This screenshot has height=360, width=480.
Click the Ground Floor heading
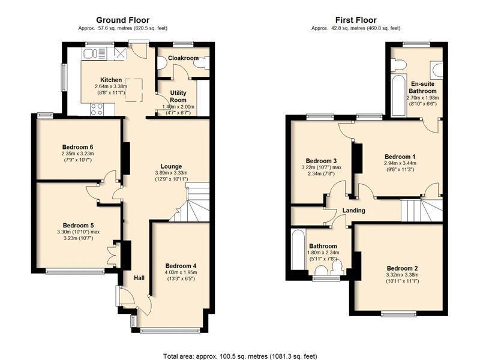pyautogui.click(x=123, y=20)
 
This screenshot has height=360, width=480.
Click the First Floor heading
pyautogui.click(x=356, y=20)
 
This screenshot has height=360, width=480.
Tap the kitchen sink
pyautogui.click(x=94, y=53)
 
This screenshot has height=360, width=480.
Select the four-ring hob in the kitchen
pyautogui.click(x=97, y=110)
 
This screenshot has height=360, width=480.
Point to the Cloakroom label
pyautogui.click(x=183, y=58)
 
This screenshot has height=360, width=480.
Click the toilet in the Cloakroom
pyautogui.click(x=161, y=63)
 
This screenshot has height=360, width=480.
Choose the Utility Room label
pyautogui.click(x=178, y=96)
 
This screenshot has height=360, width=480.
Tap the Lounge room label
pyautogui.click(x=171, y=166)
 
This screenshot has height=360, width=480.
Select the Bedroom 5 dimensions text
pyautogui.click(x=78, y=235)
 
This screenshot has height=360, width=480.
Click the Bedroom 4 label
pyautogui.click(x=181, y=266)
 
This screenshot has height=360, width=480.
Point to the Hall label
pyautogui.click(x=139, y=278)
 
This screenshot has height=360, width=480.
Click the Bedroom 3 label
pyautogui.click(x=321, y=161)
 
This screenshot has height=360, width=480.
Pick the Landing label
pyautogui.click(x=353, y=211)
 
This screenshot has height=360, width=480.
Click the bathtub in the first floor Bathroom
pyautogui.click(x=298, y=250)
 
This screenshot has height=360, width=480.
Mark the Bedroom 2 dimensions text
pyautogui.click(x=402, y=278)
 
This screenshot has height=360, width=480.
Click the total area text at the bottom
pyautogui.click(x=240, y=356)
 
